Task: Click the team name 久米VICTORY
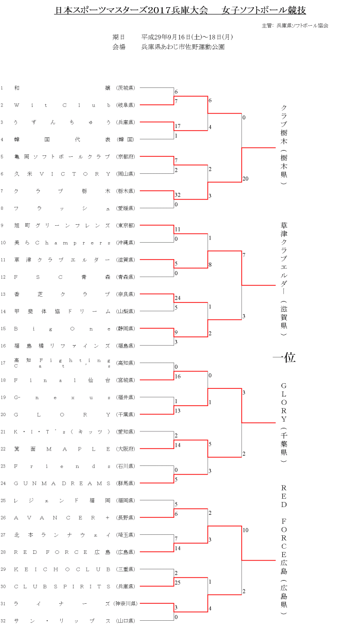coord(62,174)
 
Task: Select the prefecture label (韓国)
coord(125,139)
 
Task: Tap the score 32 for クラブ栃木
coord(177,195)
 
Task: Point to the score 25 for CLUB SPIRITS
coord(177,582)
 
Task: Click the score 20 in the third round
coord(245,178)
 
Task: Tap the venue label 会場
coord(119,47)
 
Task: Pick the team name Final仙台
coord(62,380)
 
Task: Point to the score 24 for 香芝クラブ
coord(177,298)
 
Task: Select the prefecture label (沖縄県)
coord(125,242)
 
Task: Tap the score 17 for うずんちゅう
coord(177,126)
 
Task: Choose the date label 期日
coord(119,37)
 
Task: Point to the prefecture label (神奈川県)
coord(124,604)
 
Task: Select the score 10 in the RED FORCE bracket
coord(245,530)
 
